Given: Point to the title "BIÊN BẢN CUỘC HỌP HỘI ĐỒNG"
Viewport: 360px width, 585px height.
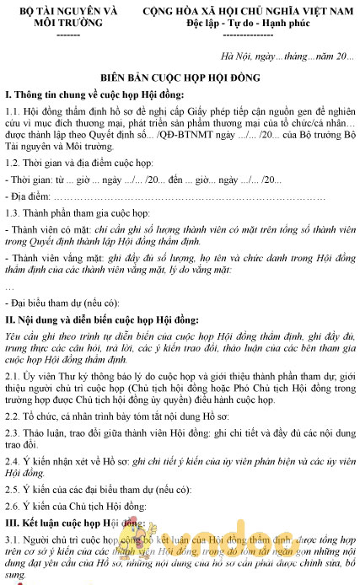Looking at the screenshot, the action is click(180, 76).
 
